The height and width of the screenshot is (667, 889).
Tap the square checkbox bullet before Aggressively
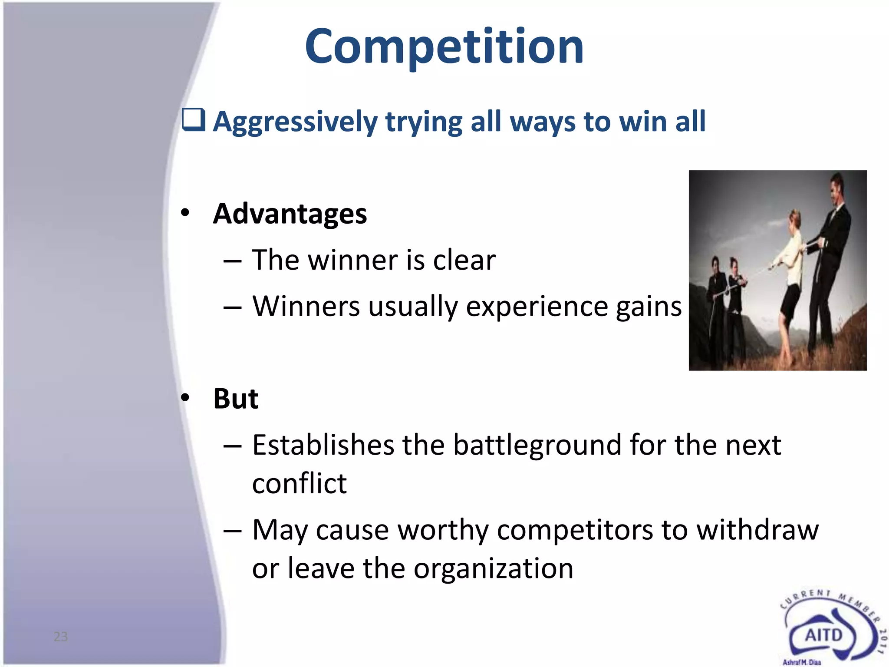click(193, 120)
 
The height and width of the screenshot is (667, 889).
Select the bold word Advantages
click(290, 214)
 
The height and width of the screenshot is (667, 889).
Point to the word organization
click(493, 568)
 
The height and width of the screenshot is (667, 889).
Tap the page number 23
click(61, 637)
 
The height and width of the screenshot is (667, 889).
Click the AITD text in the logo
click(823, 635)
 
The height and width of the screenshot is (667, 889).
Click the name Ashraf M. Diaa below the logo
click(802, 662)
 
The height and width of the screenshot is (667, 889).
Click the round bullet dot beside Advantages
click(185, 213)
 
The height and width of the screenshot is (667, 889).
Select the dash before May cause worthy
click(232, 531)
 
